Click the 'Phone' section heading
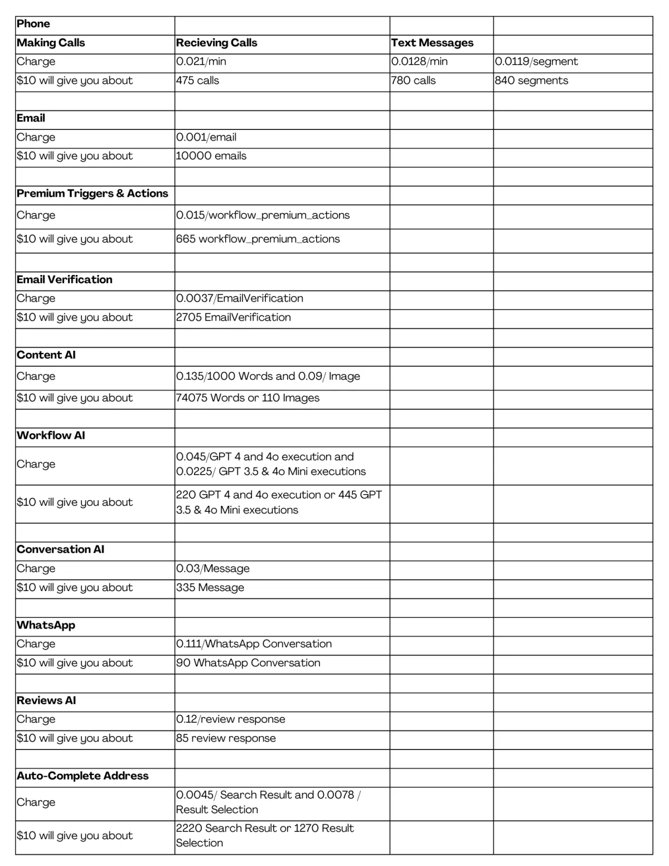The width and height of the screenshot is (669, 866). coord(33,24)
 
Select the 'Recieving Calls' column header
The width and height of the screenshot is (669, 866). coord(216,43)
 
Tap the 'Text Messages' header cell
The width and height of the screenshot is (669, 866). coord(432,43)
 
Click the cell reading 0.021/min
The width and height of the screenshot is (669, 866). coord(201,62)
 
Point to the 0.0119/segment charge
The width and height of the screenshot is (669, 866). coord(536,62)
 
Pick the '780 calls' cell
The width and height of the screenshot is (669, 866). coord(413,81)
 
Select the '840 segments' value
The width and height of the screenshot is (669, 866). coord(531,81)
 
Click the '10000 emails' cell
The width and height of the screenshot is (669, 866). coord(211,156)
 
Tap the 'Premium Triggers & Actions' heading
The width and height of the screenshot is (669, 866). coord(93,193)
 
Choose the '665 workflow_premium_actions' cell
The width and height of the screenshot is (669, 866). coord(258,239)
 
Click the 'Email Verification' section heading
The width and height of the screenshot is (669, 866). coord(65,280)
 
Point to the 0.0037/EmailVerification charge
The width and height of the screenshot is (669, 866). coord(240,298)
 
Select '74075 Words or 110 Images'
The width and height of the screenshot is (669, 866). coord(248,398)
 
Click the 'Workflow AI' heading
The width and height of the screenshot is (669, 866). coord(51,436)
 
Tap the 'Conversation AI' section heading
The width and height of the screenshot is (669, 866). coord(61,549)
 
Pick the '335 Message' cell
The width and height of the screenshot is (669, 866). coord(210,588)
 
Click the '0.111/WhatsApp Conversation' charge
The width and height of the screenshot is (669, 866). coord(254,644)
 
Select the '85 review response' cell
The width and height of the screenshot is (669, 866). coord(226,738)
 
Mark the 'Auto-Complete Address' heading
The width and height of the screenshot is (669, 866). coord(83,776)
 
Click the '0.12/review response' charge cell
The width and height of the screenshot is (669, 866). coord(231,719)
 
